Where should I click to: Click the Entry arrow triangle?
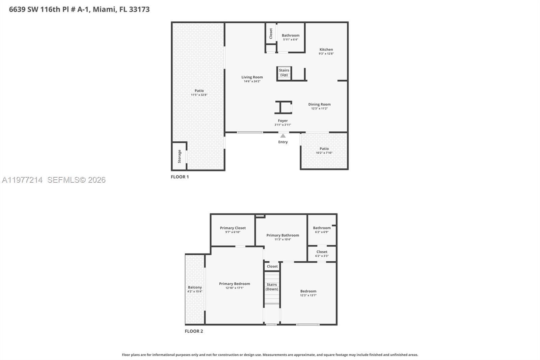[x=283, y=136]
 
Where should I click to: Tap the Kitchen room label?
[x=326, y=50]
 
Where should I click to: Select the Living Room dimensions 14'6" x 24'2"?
[x=252, y=81]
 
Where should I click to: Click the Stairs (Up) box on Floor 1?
[x=284, y=73]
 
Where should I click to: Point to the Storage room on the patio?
[x=179, y=156]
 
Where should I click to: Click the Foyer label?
[x=283, y=121]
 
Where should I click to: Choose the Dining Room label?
[x=319, y=104]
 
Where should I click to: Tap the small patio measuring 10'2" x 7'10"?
[x=324, y=151]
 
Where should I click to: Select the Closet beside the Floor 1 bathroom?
[x=271, y=33]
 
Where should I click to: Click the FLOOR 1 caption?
[x=180, y=177]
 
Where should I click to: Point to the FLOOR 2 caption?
[x=194, y=331]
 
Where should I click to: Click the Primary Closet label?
[x=233, y=228]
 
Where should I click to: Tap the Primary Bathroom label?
[x=282, y=235]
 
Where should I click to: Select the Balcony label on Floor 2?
[x=195, y=287]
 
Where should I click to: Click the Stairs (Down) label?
[x=272, y=287]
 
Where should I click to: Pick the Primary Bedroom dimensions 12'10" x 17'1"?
[x=235, y=288]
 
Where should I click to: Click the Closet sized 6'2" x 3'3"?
[x=322, y=254]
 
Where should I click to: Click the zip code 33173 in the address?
[x=139, y=9]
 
